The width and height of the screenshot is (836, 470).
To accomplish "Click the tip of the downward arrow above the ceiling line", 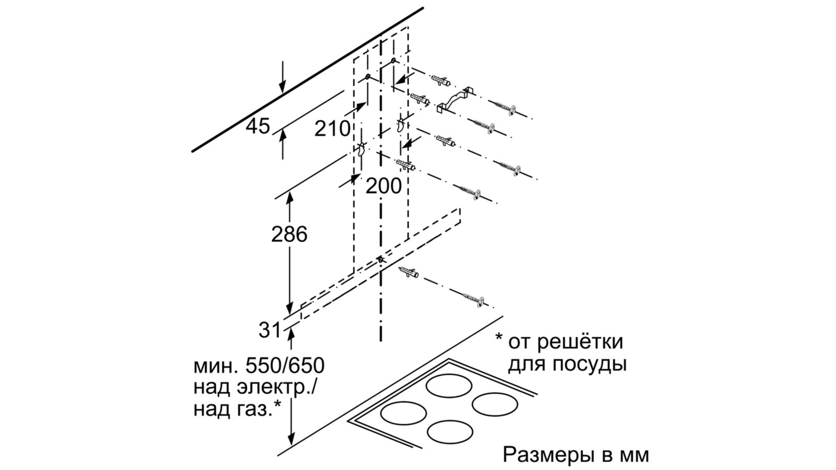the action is coord(283,93).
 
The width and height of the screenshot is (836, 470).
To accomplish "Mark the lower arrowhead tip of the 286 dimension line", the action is coord(289,314).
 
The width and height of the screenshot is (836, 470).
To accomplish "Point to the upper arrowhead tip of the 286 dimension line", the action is coord(289,193).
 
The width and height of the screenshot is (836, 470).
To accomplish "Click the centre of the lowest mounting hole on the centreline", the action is coord(380,259).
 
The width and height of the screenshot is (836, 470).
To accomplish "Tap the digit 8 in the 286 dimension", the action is coord(289,234).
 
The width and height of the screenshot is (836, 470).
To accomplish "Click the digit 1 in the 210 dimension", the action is coord(332,128).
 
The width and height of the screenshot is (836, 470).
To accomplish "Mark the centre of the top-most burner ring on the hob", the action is coord(449,386).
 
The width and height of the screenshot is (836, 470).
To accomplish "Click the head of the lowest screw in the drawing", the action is coord(481,301).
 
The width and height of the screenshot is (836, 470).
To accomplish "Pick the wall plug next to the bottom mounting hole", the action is coord(409,273).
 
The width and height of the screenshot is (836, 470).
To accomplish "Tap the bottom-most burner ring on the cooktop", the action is coord(450,431).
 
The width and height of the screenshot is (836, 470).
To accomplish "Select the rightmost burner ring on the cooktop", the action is coord(495,404).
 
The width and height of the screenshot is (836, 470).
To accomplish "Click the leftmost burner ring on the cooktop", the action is coord(403,413).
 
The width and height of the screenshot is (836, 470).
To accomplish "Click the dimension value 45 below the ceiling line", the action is coord(258,126).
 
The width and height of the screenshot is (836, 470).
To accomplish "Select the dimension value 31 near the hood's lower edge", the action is coord(270,330).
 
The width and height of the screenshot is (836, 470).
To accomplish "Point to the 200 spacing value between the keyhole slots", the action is coord(384,186).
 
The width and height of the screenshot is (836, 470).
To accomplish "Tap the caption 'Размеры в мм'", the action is coord(576,455).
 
